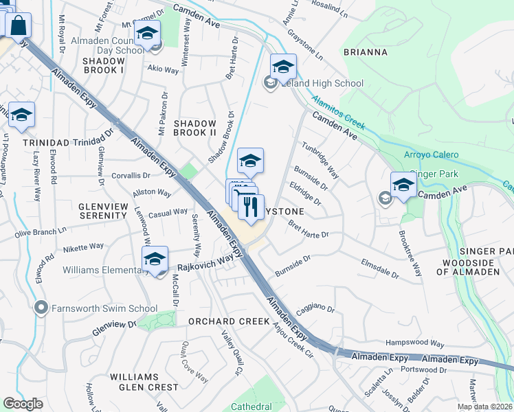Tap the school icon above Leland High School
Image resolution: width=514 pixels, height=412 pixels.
point(282,67)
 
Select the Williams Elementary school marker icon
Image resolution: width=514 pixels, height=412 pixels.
point(155,260)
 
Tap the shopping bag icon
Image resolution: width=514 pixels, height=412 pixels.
point(18,25)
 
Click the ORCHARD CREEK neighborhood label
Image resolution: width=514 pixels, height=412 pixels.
point(229,321)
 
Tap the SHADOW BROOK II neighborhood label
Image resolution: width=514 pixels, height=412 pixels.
point(195,128)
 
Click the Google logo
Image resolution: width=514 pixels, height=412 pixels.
point(23,404)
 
